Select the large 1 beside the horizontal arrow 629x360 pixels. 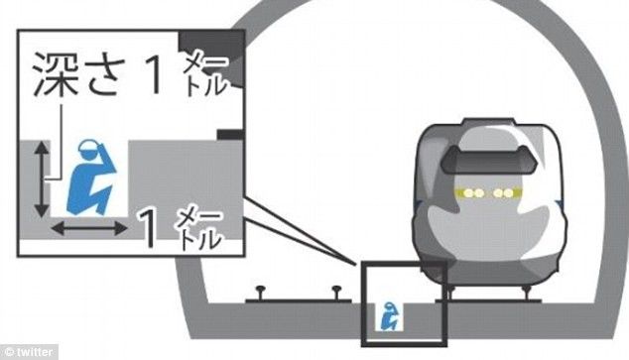tap(148, 226)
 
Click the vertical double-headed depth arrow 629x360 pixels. tap(40, 179)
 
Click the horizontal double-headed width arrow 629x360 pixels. tap(89, 229)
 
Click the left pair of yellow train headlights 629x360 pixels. tap(466, 190)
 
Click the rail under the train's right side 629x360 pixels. tap(530, 291)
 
